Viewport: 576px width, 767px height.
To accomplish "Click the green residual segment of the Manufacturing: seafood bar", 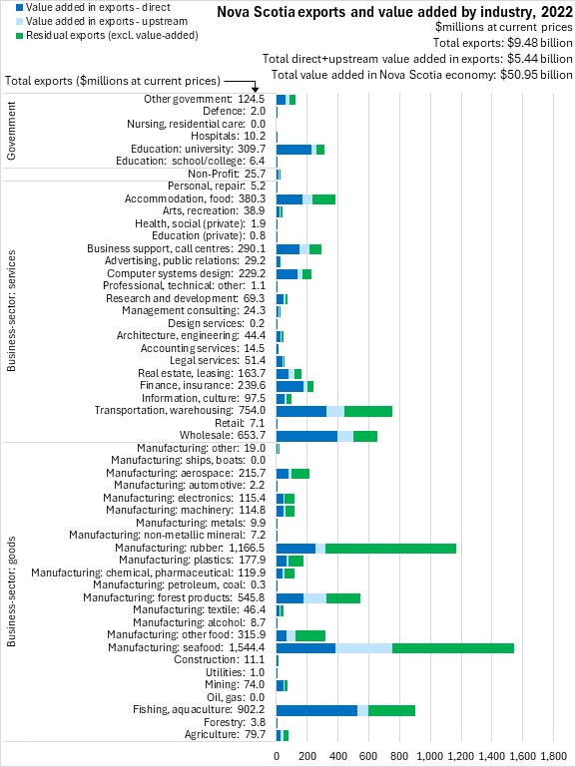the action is [x=453, y=648].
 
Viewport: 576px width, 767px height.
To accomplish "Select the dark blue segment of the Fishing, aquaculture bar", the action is [x=317, y=710].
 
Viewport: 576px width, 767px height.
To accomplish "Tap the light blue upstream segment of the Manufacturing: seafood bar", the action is [x=364, y=648].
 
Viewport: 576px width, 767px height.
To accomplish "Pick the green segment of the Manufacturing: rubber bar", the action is [x=390, y=549].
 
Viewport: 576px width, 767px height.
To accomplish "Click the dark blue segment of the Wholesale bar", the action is [x=306, y=435].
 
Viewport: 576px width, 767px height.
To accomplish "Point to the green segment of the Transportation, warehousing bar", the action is [x=368, y=411].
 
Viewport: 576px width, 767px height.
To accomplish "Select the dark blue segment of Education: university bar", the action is [x=294, y=150].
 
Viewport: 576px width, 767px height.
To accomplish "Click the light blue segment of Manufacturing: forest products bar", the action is [x=314, y=597].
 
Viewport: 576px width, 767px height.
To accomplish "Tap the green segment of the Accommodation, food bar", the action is [x=324, y=199].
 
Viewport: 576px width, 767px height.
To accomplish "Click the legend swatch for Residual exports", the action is [x=20, y=36].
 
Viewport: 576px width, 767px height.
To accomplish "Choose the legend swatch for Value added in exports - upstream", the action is [x=20, y=22].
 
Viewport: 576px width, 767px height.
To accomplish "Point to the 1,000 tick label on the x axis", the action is [x=430, y=756].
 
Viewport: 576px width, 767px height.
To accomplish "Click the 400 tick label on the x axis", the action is [x=337, y=756].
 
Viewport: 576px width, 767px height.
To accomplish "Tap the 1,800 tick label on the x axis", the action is [x=554, y=756].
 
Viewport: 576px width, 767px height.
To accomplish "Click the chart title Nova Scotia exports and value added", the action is [x=395, y=12].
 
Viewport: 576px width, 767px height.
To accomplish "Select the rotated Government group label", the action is [x=11, y=131].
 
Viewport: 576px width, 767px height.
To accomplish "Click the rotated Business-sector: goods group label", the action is [x=11, y=591].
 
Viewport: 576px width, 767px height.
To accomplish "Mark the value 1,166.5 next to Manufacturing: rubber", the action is [x=247, y=548].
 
